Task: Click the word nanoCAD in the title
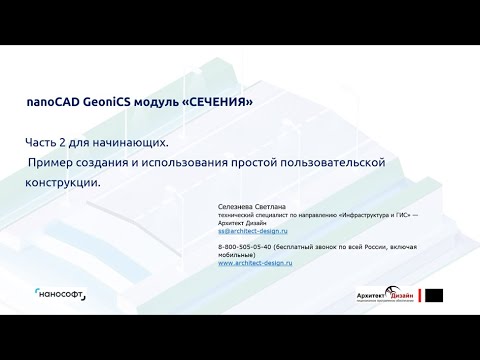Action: pos(56,102)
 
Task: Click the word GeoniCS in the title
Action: pos(115,102)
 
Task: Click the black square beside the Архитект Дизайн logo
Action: pos(437,295)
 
